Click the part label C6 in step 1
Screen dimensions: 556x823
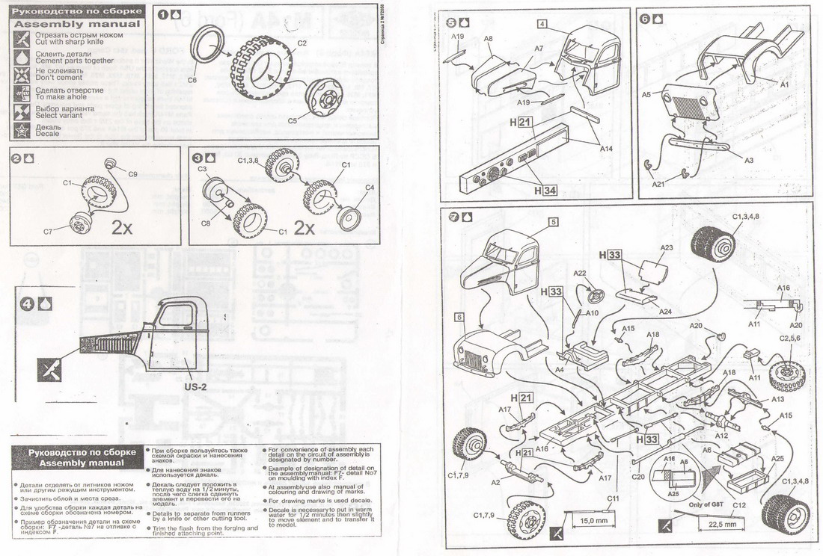click(x=192, y=80)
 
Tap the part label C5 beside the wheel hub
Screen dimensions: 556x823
click(x=293, y=120)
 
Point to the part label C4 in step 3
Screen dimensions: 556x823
click(x=369, y=188)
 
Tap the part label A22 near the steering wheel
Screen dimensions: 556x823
click(x=580, y=273)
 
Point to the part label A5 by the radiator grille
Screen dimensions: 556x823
click(x=646, y=95)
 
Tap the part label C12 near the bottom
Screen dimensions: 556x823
click(x=740, y=504)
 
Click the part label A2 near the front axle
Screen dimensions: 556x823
click(x=495, y=483)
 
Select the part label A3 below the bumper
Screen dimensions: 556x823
click(x=748, y=160)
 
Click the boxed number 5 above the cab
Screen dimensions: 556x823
click(x=553, y=222)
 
